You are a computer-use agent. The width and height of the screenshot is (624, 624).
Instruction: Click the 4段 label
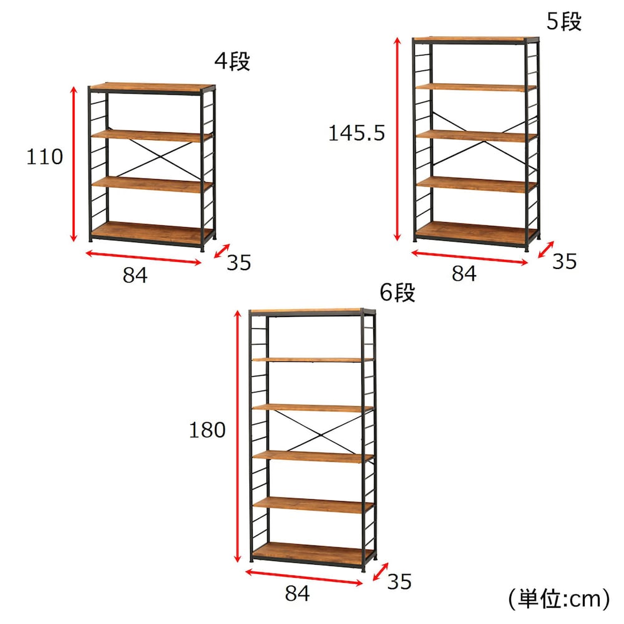232,61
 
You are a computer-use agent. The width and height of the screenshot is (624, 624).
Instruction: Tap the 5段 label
564,21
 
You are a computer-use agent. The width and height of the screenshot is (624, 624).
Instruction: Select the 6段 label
397,293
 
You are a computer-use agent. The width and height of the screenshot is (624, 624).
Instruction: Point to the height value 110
44,157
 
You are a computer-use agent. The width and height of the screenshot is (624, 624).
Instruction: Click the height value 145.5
356,133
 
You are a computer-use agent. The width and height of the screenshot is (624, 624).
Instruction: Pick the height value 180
207,430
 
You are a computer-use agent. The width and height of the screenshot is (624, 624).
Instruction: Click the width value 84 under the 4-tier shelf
135,275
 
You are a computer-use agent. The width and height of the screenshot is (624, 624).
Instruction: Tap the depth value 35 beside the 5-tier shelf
564,261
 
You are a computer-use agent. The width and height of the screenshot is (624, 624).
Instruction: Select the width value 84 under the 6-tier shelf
297,593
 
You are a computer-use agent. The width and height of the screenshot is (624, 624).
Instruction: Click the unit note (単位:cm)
558,598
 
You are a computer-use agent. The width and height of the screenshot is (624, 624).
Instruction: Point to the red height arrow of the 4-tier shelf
73,164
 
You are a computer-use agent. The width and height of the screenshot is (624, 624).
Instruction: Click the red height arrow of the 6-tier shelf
238,436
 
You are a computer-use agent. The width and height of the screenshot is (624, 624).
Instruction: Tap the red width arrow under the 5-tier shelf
470,257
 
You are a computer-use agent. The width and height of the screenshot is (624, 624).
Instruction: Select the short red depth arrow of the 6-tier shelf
381,572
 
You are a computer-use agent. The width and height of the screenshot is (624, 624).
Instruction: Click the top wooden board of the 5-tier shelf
475,39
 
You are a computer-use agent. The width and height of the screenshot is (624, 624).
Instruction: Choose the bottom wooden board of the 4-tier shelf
151,232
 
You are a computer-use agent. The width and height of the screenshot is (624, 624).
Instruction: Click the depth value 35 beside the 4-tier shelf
239,263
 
